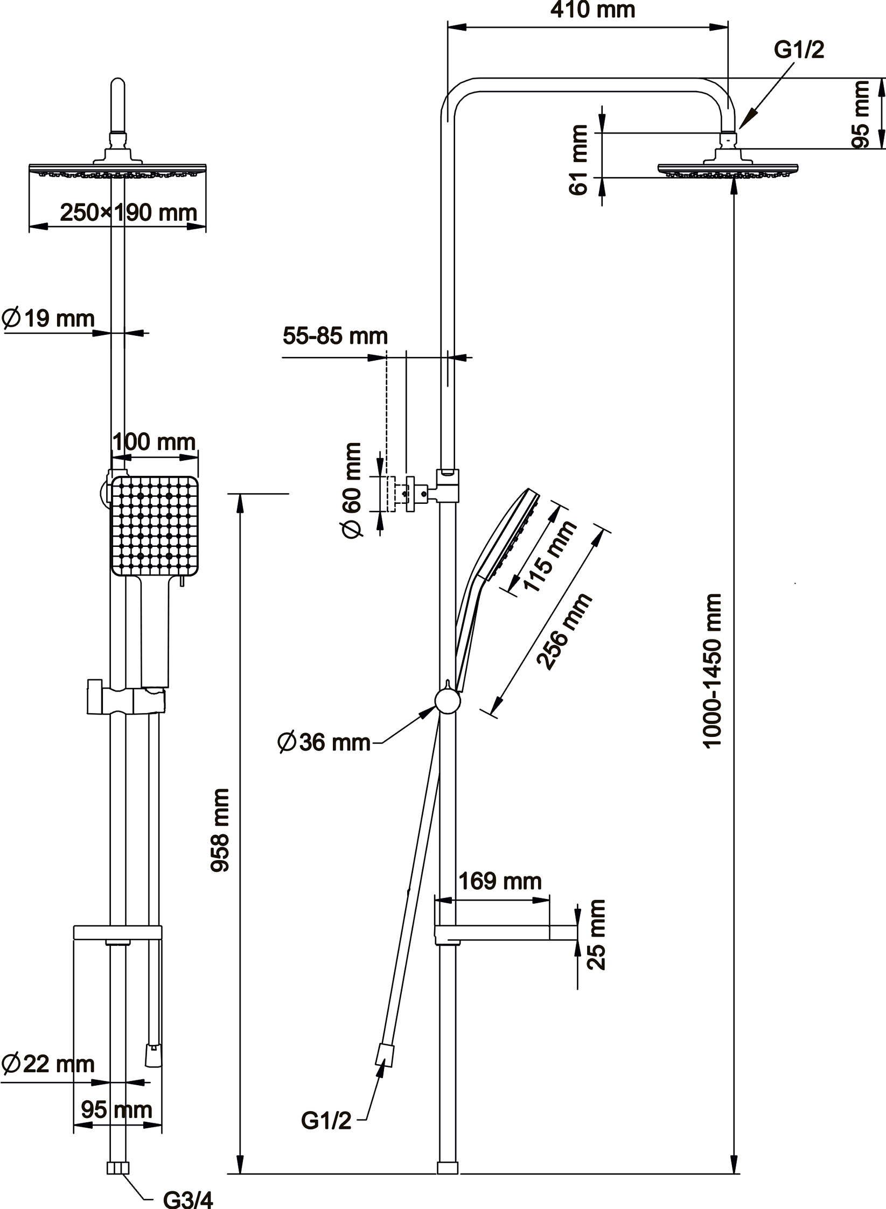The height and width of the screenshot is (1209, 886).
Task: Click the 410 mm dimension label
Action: pyautogui.click(x=592, y=10)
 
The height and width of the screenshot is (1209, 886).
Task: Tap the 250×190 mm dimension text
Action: pyautogui.click(x=128, y=213)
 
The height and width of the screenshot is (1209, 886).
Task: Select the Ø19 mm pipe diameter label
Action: pyautogui.click(x=48, y=318)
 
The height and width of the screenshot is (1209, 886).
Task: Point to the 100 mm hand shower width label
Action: pyautogui.click(x=154, y=442)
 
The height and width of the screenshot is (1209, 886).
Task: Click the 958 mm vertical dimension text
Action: pyautogui.click(x=220, y=830)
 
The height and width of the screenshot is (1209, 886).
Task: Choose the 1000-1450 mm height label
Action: pyautogui.click(x=712, y=671)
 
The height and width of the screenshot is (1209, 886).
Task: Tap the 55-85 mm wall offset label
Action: pyautogui.click(x=335, y=336)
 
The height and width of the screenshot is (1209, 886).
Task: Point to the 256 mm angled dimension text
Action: pyautogui.click(x=564, y=631)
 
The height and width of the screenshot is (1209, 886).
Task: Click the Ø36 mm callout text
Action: pyautogui.click(x=324, y=742)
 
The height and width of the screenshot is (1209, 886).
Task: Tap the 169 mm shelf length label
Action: pyautogui.click(x=500, y=881)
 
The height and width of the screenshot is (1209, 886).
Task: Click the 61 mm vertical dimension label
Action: pyautogui.click(x=578, y=159)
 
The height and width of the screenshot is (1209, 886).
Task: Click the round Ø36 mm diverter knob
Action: pyautogui.click(x=448, y=701)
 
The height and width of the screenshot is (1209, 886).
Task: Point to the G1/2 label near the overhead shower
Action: pyautogui.click(x=799, y=50)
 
